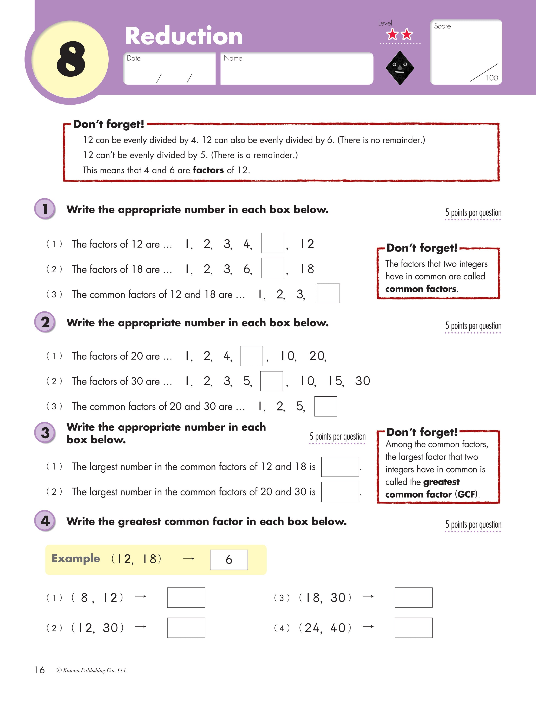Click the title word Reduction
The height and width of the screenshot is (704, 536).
[184, 36]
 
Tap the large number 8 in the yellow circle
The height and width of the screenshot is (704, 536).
[71, 59]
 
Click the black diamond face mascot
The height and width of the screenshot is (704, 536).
[400, 68]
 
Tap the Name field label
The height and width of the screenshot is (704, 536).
[233, 58]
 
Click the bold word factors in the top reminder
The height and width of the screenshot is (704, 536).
[208, 170]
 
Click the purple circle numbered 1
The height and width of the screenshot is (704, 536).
[45, 209]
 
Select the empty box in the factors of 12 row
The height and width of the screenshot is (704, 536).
[272, 243]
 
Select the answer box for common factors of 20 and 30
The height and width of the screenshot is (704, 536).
[325, 406]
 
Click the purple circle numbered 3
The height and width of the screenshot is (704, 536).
[45, 433]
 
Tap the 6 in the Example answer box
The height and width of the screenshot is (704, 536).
[229, 559]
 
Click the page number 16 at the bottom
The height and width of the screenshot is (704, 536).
[40, 670]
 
